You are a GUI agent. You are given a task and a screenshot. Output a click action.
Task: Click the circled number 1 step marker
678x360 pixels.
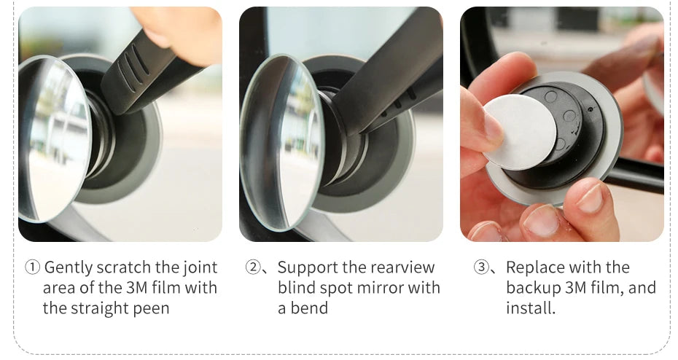tap(32, 267)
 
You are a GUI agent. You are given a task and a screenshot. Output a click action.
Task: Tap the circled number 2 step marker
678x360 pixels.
tap(253, 267)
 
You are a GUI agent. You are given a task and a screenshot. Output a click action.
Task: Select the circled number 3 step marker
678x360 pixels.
tap(481, 267)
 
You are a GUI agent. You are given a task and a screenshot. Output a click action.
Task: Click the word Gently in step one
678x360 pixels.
tap(69, 268)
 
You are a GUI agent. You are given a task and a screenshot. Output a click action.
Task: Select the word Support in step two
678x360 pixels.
tap(308, 268)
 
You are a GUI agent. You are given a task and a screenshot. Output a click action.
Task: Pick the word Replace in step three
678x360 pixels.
tap(533, 268)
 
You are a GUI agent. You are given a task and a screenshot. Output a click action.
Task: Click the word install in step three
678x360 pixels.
tap(530, 308)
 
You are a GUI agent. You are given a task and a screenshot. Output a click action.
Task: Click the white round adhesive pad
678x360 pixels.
tap(519, 131)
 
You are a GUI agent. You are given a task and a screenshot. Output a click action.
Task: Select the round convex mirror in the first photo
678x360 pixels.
tap(54, 138)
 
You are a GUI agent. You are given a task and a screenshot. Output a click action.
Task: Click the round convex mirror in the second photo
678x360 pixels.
tap(281, 143)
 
